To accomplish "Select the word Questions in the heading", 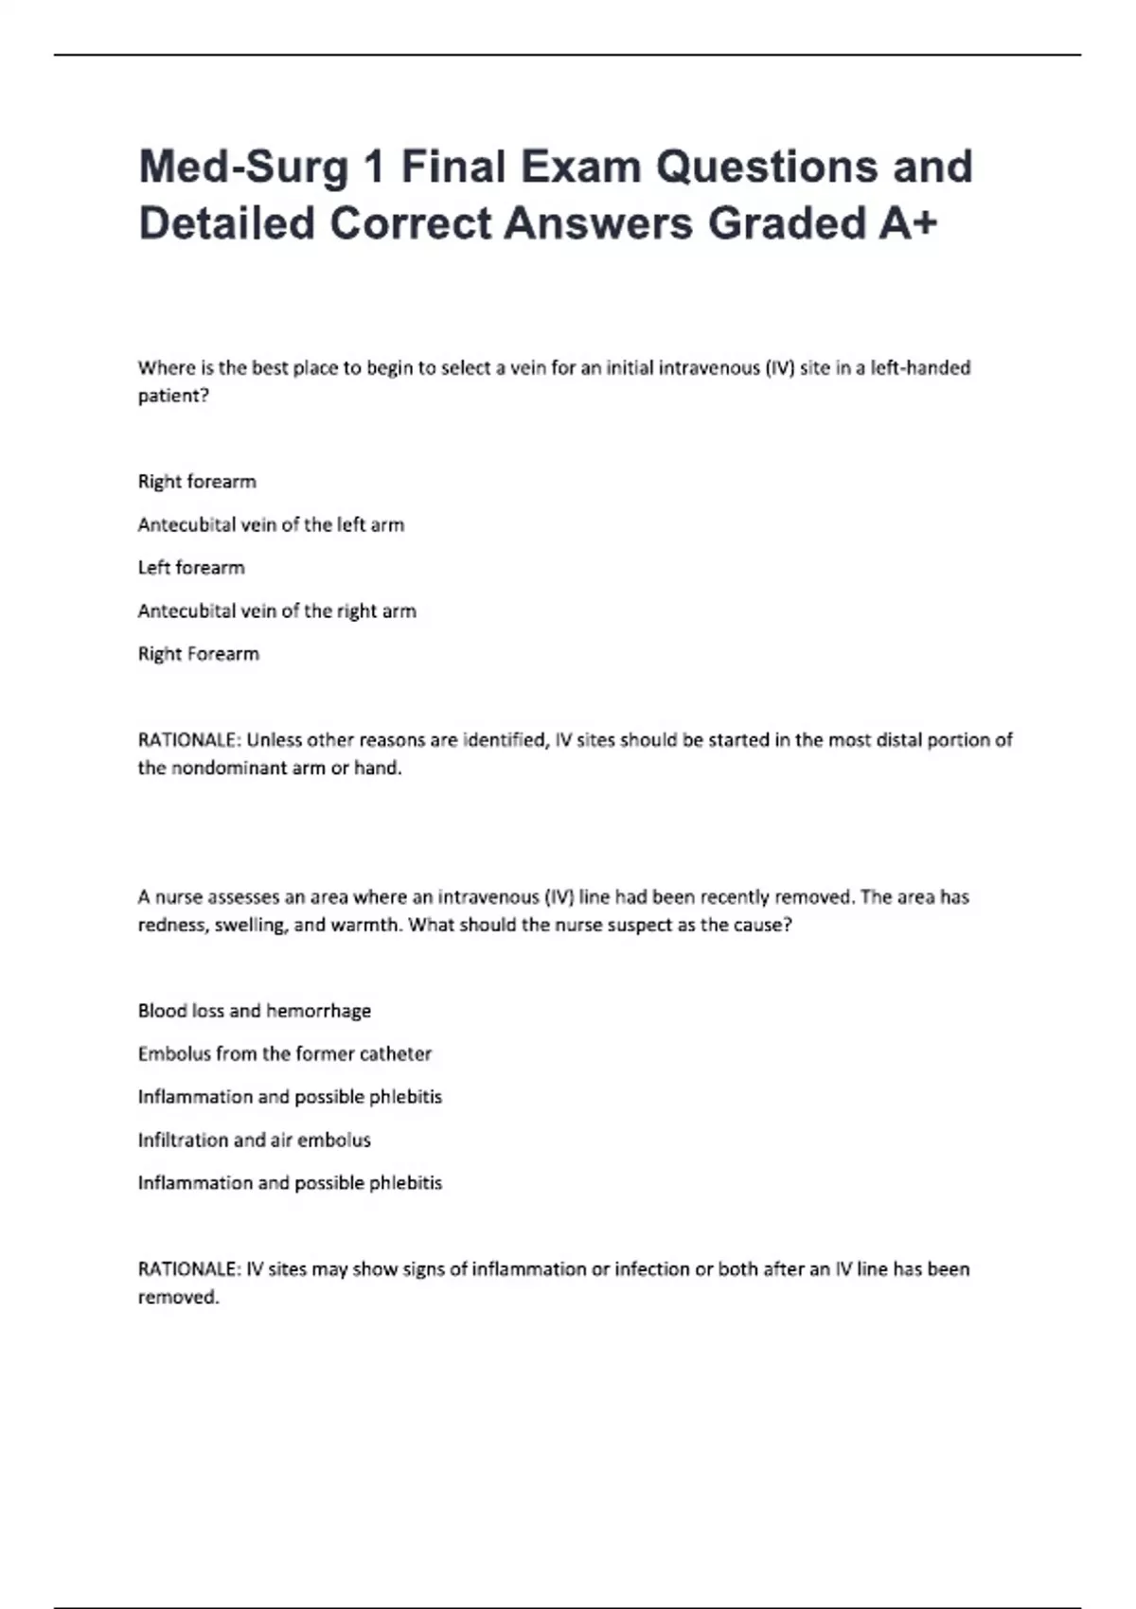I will coord(767,167).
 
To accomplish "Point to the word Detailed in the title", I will coord(226,224).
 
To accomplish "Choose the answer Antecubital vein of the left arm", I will coord(271,524).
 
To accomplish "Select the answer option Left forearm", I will coord(191,567).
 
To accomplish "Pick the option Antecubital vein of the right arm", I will coord(276,610).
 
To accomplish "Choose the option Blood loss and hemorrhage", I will coord(254,1011).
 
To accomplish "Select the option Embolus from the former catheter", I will coord(284,1053).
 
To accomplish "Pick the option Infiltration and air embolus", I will coord(254,1140).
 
